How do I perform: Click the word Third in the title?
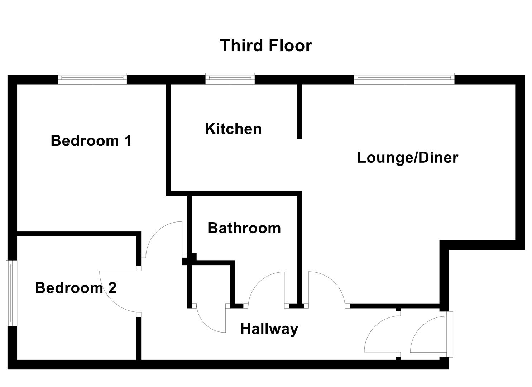[240, 46]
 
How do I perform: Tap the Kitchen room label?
[233, 129]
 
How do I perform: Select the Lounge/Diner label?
[407, 158]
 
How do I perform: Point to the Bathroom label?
[244, 228]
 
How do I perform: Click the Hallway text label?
[269, 329]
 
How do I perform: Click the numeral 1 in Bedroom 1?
[127, 140]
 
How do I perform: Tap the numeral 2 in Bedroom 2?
[112, 288]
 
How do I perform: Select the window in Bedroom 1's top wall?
[92, 78]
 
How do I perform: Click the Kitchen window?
[230, 78]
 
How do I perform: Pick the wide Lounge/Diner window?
[404, 78]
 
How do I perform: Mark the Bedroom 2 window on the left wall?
[11, 293]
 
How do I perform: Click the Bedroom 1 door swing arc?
[161, 236]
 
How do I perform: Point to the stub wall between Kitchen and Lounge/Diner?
[299, 111]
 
